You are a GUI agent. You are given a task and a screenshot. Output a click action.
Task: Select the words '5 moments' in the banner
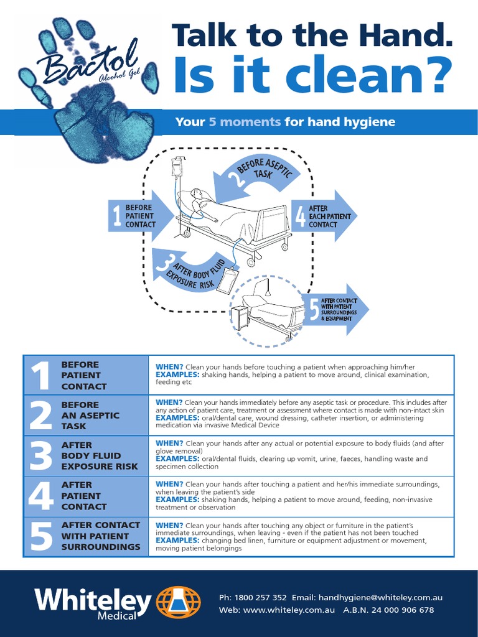(244, 122)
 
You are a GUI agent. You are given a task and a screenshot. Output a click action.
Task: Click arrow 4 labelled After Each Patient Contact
(323, 216)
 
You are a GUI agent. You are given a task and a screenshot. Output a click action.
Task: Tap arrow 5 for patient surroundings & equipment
(337, 309)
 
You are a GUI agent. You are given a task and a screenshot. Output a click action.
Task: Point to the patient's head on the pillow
(197, 193)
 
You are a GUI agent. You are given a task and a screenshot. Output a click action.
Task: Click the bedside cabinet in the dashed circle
(240, 317)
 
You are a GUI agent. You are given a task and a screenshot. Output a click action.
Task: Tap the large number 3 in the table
(40, 456)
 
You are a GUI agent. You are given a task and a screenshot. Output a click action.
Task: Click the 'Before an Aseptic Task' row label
(90, 416)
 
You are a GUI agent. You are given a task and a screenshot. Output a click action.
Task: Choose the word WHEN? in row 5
(169, 526)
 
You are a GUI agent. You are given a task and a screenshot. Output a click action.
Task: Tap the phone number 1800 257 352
(261, 597)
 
